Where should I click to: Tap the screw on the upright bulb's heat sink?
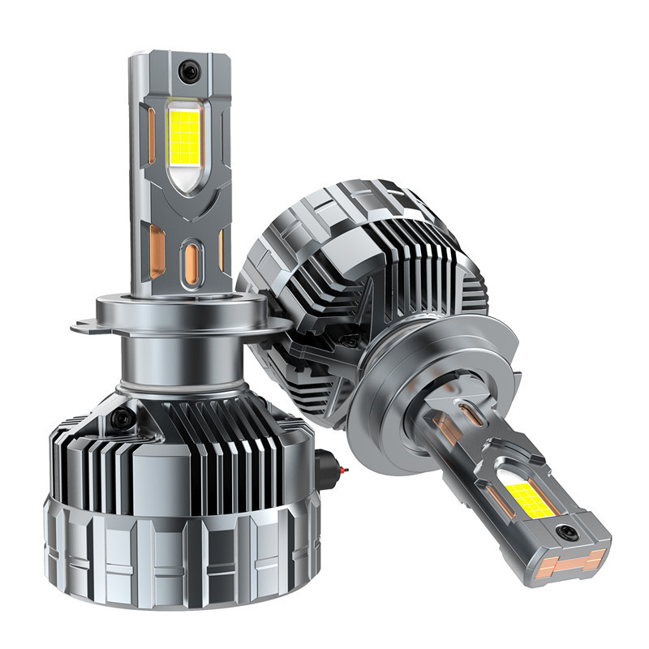(122, 418)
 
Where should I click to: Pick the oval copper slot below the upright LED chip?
(191, 264)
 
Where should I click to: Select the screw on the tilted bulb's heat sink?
(350, 342)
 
